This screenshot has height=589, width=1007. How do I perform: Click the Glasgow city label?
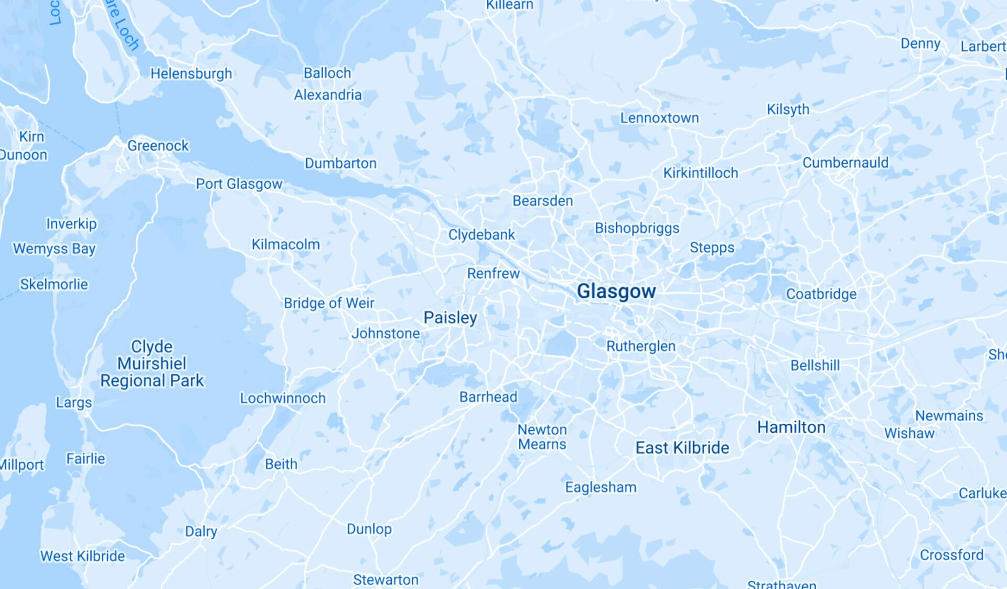pyautogui.click(x=616, y=291)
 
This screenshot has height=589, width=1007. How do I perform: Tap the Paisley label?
pyautogui.click(x=450, y=317)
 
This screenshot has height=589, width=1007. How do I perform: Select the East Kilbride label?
pyautogui.click(x=682, y=447)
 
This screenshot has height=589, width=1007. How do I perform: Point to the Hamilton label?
pyautogui.click(x=791, y=427)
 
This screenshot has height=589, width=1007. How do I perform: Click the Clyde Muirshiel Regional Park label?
pyautogui.click(x=152, y=363)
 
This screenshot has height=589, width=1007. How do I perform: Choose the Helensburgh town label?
pyautogui.click(x=191, y=73)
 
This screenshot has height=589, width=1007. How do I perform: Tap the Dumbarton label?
pyautogui.click(x=340, y=163)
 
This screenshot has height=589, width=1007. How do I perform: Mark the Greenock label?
pyautogui.click(x=158, y=145)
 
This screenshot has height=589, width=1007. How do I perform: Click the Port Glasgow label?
pyautogui.click(x=239, y=184)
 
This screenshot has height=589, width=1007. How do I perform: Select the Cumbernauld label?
pyautogui.click(x=845, y=163)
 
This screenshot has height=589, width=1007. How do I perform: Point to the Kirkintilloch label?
pyautogui.click(x=700, y=173)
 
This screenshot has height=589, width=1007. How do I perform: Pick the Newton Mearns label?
pyautogui.click(x=542, y=437)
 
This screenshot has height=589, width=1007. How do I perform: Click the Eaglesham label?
pyautogui.click(x=601, y=487)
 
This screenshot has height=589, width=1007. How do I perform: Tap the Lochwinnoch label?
pyautogui.click(x=283, y=398)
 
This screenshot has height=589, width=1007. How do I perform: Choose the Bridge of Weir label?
pyautogui.click(x=329, y=303)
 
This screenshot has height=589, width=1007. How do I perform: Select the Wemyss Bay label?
pyautogui.click(x=54, y=248)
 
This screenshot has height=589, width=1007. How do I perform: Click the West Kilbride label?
pyautogui.click(x=83, y=556)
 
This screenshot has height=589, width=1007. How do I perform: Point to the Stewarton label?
pyautogui.click(x=385, y=580)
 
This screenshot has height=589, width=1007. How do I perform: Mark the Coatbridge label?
pyautogui.click(x=821, y=294)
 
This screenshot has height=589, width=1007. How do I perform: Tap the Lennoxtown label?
pyautogui.click(x=659, y=118)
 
